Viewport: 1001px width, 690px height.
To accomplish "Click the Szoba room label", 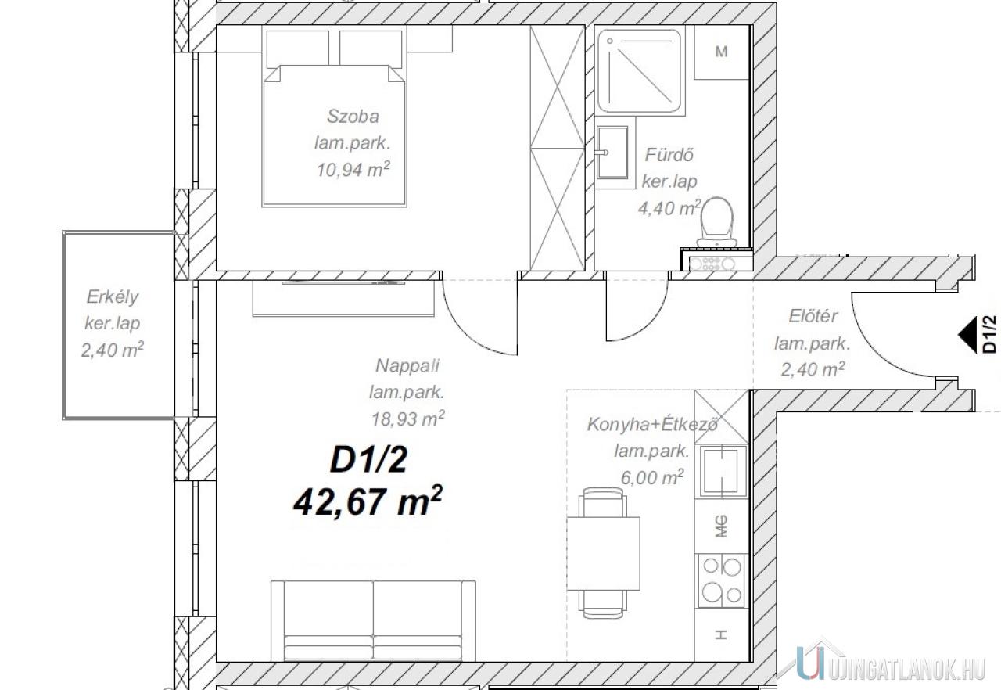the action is tap(353, 117).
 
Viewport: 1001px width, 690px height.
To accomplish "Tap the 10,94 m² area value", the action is tap(353, 170).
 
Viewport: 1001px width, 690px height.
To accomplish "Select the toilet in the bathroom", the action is tap(717, 222).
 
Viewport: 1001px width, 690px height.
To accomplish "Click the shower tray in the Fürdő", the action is tap(640, 70).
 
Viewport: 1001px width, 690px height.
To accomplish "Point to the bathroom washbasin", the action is tap(612, 152).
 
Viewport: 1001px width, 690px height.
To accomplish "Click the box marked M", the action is tap(721, 52).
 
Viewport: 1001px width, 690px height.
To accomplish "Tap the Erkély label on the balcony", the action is tap(113, 297).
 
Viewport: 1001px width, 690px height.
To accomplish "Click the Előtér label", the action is tap(813, 316).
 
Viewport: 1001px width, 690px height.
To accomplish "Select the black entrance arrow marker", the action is tap(967, 335).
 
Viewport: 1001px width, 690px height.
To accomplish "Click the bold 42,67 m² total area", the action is tap(368, 501).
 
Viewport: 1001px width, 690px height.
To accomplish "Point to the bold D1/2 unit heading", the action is tap(368, 461).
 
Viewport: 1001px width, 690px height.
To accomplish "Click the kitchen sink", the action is tap(723, 471).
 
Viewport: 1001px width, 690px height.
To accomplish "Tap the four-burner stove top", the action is tap(721, 580).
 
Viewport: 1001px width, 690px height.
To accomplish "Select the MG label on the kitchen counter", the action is tap(721, 526).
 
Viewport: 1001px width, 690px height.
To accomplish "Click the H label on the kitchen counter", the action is tap(720, 635).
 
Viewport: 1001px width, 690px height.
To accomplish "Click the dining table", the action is tap(603, 553).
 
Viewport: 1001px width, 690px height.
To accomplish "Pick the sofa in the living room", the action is tap(373, 621).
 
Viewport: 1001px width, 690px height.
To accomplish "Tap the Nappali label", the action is tap(407, 365).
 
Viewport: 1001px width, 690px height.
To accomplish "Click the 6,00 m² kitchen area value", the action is tap(652, 478).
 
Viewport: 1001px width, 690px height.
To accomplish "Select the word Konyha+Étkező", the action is tap(652, 424).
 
